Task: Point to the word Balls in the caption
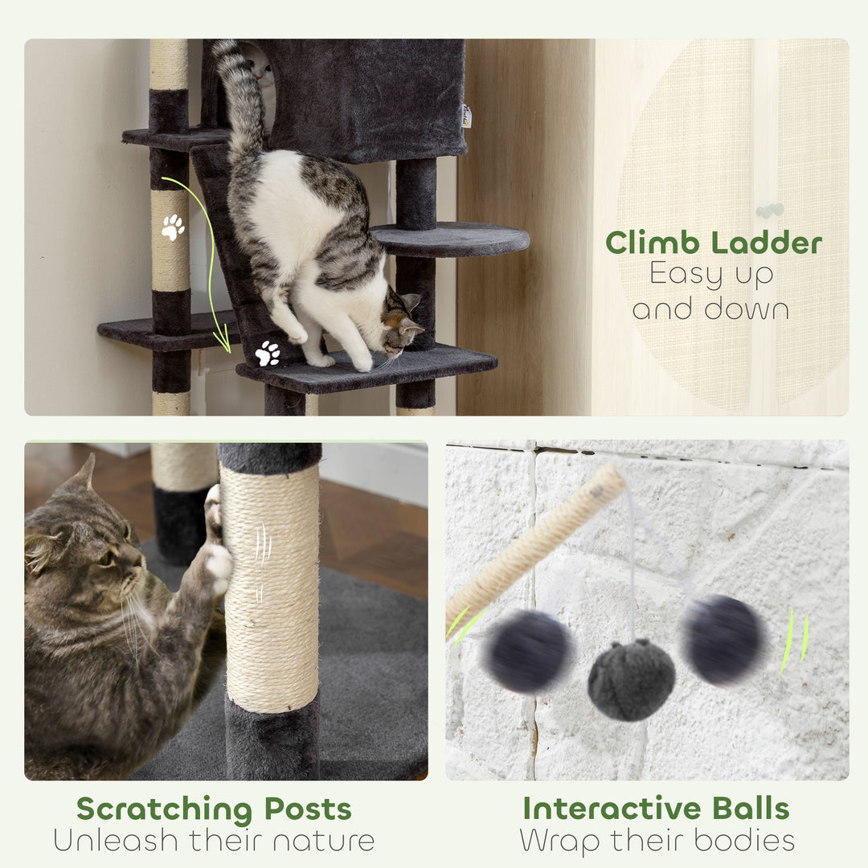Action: tap(751, 809)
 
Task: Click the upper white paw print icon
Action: tap(173, 227)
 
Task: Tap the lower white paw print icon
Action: tap(268, 353)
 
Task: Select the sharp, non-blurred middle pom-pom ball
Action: tap(631, 680)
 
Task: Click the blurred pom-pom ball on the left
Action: tap(529, 651)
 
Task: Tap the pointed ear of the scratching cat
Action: tap(82, 474)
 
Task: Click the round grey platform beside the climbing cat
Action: tap(450, 238)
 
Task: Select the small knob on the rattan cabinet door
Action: tap(769, 211)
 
